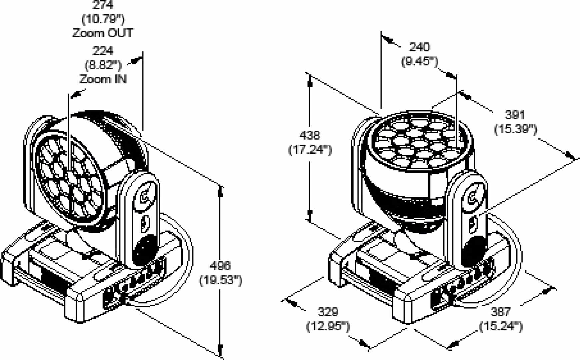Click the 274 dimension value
click(x=103, y=5)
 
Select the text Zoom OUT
click(x=103, y=33)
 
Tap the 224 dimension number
click(x=103, y=51)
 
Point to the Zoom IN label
click(x=103, y=79)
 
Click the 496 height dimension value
click(x=220, y=266)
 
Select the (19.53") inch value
click(x=221, y=280)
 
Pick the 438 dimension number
click(x=310, y=135)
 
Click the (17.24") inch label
click(x=310, y=150)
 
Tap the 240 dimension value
click(x=420, y=47)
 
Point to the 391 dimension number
click(x=515, y=115)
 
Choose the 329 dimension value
click(x=328, y=312)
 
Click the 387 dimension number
click(x=501, y=312)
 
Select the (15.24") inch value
click(x=501, y=326)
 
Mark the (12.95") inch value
click(x=328, y=326)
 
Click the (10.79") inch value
click(x=103, y=19)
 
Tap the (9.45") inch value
click(x=420, y=61)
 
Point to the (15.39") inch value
click(x=515, y=129)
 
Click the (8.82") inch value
click(x=103, y=65)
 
